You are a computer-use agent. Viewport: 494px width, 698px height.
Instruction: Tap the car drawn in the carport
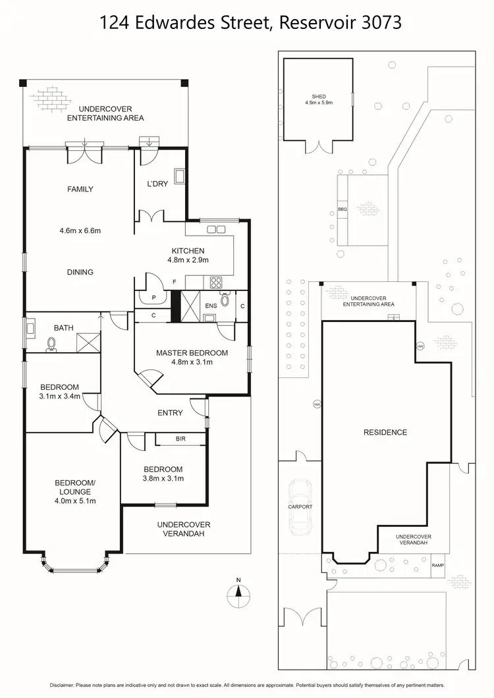[x=300, y=507]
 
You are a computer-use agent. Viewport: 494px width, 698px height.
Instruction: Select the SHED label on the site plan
[x=319, y=97]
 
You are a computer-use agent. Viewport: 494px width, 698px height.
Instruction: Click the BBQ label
[x=342, y=209]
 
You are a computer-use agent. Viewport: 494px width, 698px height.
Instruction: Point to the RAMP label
[x=438, y=566]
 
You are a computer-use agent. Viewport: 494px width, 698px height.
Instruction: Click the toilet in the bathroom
[x=51, y=344]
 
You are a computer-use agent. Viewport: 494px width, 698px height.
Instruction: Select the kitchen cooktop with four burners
[x=216, y=282]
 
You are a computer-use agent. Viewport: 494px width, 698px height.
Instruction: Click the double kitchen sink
[x=217, y=229]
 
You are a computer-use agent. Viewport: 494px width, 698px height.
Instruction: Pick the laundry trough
[x=180, y=176]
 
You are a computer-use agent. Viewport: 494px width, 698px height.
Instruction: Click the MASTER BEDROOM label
[x=192, y=353]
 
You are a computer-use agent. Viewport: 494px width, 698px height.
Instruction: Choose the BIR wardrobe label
[x=180, y=439]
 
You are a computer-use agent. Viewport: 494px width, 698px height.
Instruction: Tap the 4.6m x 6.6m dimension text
[x=80, y=230]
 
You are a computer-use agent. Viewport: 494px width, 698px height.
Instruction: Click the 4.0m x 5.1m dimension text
[x=75, y=501]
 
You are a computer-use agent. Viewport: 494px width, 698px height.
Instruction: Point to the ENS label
[x=211, y=306]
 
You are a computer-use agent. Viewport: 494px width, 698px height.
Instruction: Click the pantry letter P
[x=153, y=298]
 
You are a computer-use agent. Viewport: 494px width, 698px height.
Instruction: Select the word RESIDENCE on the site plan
[x=385, y=432]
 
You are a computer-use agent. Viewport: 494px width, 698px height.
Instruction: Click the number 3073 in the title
[x=381, y=22]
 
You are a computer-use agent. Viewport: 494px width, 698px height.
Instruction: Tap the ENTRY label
[x=170, y=413]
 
